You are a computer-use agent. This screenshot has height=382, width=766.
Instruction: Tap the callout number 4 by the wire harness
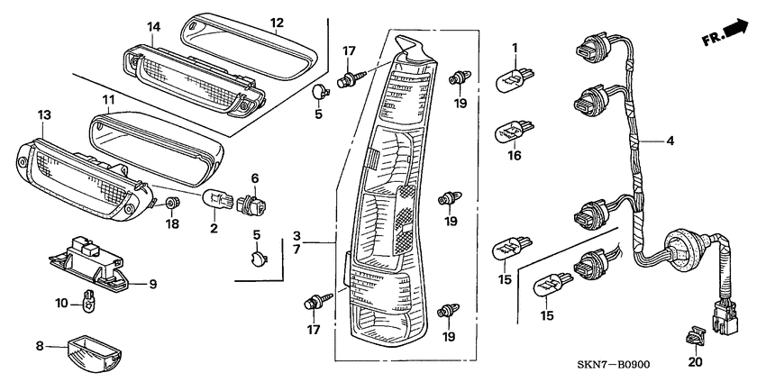tap(670, 141)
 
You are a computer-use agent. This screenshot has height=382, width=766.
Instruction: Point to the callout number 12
tap(278, 23)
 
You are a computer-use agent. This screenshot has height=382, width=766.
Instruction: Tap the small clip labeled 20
tap(693, 336)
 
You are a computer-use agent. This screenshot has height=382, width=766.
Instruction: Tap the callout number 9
tap(152, 284)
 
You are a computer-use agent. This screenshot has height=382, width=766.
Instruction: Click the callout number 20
tap(693, 363)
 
